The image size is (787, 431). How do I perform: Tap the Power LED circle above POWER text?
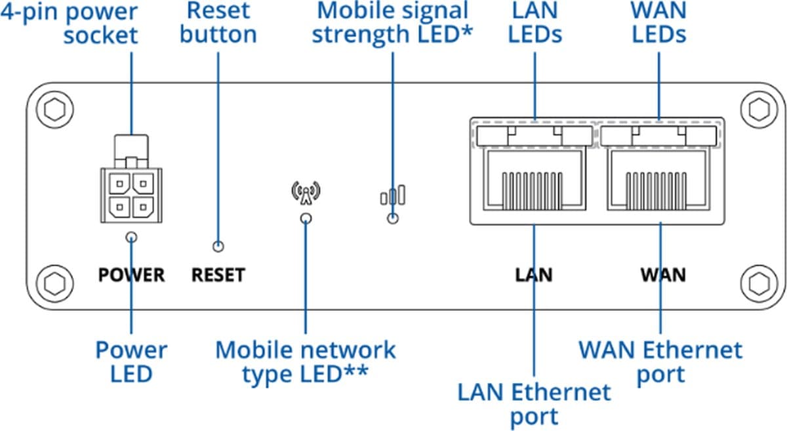pos(132,237)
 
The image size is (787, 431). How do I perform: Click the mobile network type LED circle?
pos(305,218)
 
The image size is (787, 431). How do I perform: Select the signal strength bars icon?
pos(393,195)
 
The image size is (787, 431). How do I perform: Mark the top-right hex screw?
pos(758,108)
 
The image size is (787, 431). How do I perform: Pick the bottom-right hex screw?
pos(758,282)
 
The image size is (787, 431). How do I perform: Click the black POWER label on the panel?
pos(131,275)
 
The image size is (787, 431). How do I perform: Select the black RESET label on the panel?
pos(218,275)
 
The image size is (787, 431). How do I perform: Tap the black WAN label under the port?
pos(662,274)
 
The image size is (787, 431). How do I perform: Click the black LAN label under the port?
pos(533,274)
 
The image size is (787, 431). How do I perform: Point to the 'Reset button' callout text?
pos(218,22)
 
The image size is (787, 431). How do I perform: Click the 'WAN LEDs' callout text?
pos(658,22)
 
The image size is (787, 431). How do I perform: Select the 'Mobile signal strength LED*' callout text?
pos(392,22)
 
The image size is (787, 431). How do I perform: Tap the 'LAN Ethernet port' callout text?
pos(534,404)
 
